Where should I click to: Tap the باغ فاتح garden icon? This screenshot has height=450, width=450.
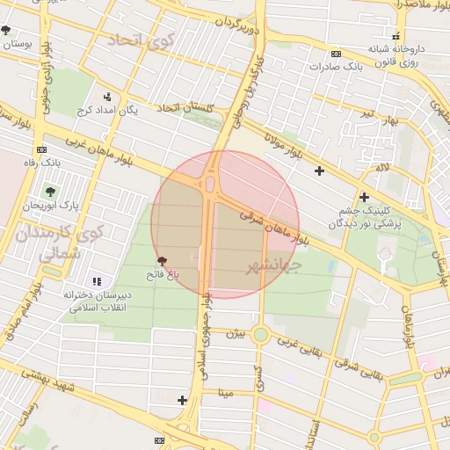point(162,261)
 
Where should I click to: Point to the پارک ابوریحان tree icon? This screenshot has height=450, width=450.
point(48,191)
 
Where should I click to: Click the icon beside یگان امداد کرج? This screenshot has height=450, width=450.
point(107,97)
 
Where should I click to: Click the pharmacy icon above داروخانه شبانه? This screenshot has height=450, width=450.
point(396,37)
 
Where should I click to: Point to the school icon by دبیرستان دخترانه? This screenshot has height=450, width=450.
point(97,281)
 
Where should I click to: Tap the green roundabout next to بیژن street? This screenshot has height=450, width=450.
point(261,334)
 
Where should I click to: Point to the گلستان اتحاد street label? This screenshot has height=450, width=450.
point(185,107)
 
